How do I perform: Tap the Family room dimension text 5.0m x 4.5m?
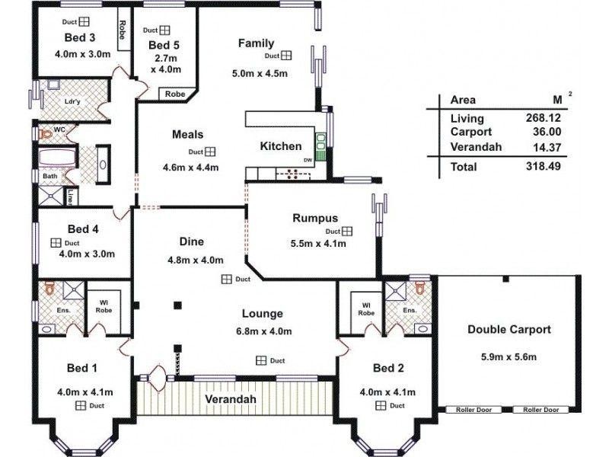coord(260,74)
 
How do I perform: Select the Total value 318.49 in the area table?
coord(543,167)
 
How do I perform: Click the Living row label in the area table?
coord(467,118)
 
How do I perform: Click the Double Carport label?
coord(509,330)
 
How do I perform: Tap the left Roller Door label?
coord(474,410)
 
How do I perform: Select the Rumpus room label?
coord(314,219)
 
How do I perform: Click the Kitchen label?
coord(281,146)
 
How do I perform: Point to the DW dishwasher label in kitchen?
coord(308,161)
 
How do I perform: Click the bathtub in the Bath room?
coord(56,159)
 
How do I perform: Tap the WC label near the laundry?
coord(59,130)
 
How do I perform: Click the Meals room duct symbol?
coord(209,152)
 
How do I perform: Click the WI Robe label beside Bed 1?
coord(103,306)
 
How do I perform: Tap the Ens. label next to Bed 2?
coord(410,311)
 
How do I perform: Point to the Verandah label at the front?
coord(229,399)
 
